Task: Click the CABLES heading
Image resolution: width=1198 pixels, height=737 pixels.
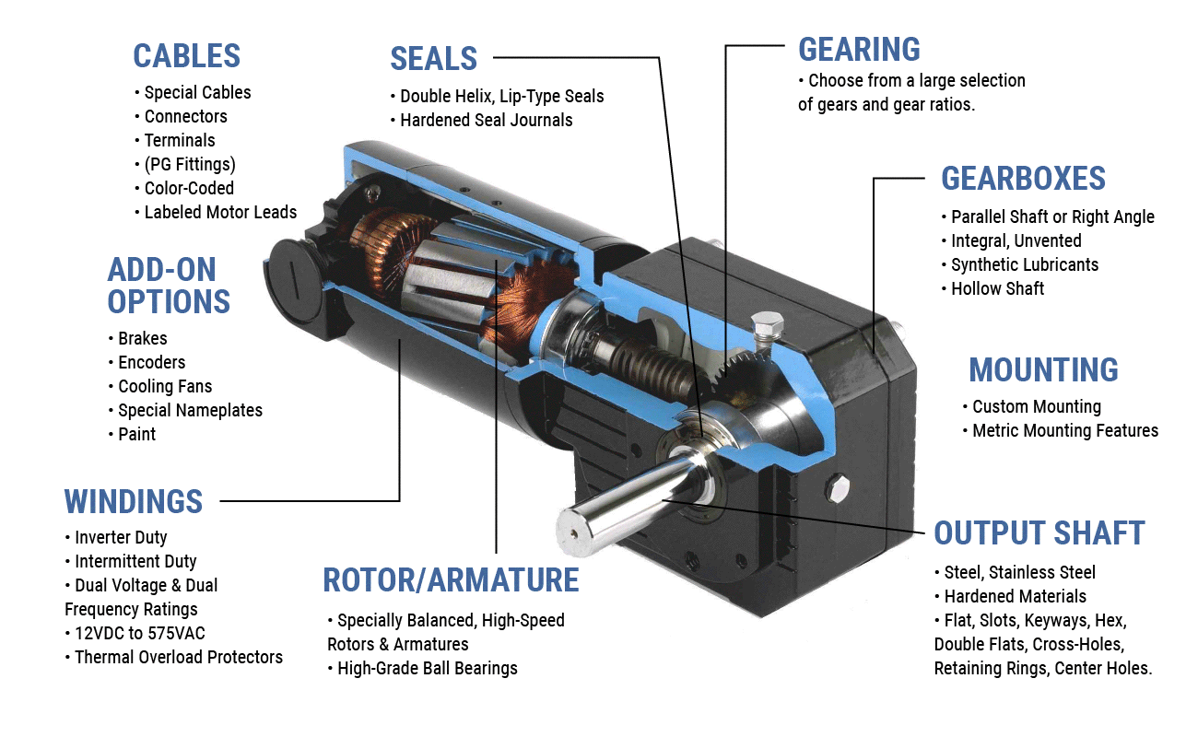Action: coord(186,55)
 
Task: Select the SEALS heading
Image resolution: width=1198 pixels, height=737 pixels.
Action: coord(433,58)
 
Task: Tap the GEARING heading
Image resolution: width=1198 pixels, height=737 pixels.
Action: coord(859,49)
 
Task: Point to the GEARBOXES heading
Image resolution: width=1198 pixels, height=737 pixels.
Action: coord(1023,178)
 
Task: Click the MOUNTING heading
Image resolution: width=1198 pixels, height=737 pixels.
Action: coord(1043,369)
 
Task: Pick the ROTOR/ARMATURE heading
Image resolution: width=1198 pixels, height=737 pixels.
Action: coord(451,580)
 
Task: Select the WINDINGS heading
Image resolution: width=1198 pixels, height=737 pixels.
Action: coord(134,501)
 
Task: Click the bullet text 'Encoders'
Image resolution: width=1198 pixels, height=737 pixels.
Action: coord(151,362)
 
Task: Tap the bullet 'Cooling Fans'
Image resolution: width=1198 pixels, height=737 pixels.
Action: coord(165,386)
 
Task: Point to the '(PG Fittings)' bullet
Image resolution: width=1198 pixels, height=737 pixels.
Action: coord(189,164)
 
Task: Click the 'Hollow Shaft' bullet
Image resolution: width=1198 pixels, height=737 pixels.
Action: coord(997,288)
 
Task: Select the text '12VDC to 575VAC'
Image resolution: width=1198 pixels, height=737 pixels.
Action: coord(136,633)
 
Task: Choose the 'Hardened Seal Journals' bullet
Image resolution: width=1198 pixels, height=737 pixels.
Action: coord(486,120)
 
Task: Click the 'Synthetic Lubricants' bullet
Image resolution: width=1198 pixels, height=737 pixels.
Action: coord(1023,264)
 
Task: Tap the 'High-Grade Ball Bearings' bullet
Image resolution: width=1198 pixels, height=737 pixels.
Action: coord(427,668)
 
